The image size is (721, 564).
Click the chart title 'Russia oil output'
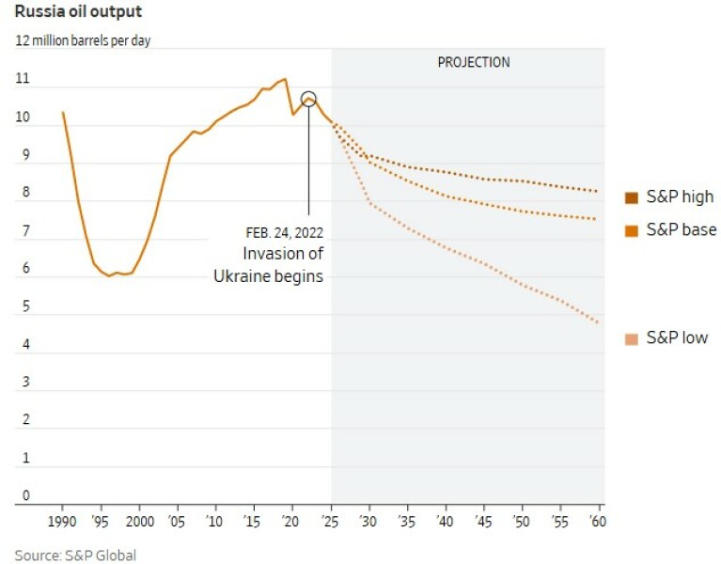coord(78,13)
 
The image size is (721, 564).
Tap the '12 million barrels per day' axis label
coord(82,40)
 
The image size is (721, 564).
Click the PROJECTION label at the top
coord(473,62)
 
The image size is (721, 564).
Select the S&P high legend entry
coord(669,197)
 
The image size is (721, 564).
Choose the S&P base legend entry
coord(669,230)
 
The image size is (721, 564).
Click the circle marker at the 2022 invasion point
coord(308,99)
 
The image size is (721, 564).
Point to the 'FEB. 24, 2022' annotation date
coord(283,232)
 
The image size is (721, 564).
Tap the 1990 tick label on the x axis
coord(63,521)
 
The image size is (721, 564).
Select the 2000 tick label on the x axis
coord(139,521)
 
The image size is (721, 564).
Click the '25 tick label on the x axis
coord(330,521)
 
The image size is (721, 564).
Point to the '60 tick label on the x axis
coord(596,521)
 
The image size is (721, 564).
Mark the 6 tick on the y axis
coord(25,269)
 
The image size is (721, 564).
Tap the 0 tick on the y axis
coord(25,495)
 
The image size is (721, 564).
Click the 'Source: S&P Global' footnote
coord(75,556)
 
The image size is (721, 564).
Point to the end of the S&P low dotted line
coord(598,323)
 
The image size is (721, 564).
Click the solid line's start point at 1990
coord(63,113)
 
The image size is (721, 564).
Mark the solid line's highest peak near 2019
coord(285,79)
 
